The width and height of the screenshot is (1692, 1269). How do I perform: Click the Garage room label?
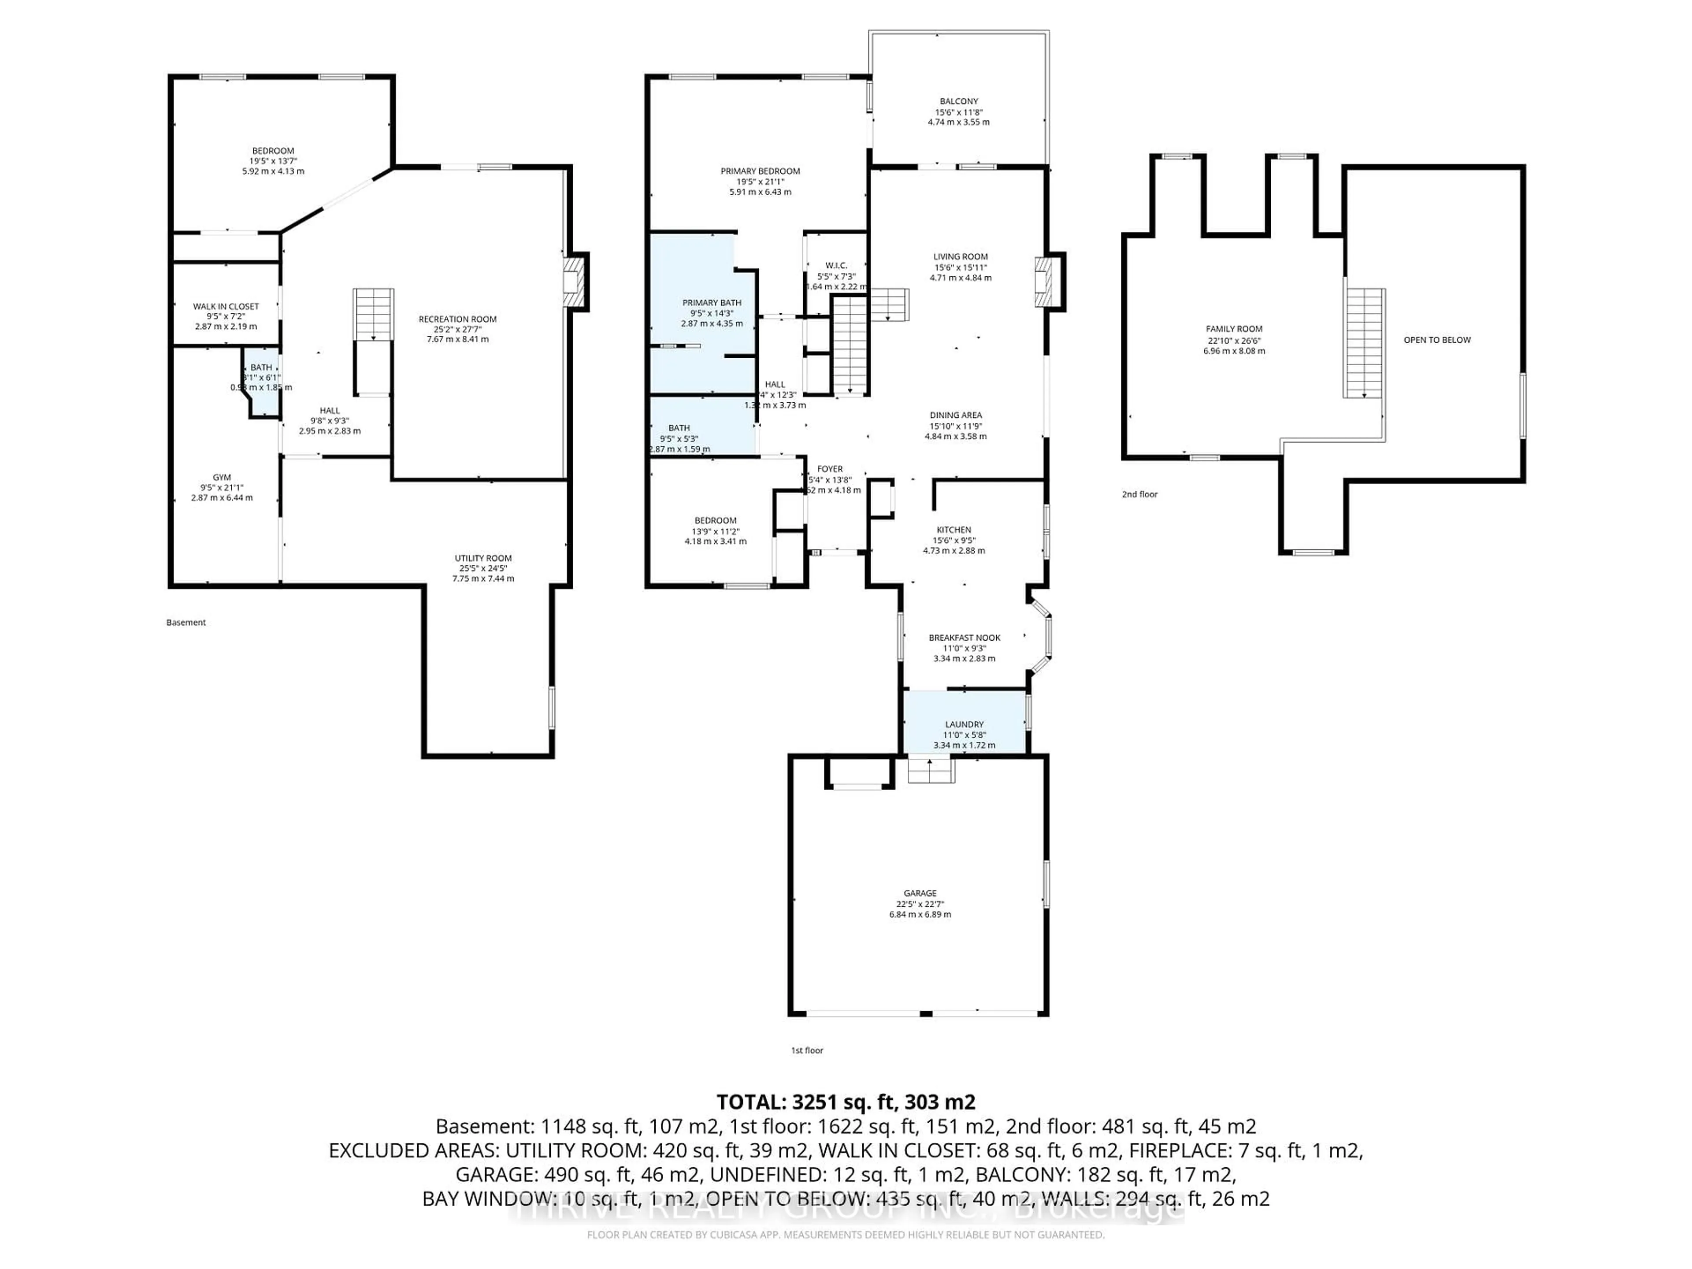920,893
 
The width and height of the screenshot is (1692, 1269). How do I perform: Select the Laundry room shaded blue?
964,723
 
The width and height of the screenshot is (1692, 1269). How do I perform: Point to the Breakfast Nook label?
964,637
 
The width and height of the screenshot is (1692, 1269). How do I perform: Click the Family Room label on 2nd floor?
1234,329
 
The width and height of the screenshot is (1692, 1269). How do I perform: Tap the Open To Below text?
1436,340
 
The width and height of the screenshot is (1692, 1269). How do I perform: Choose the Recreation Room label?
457,319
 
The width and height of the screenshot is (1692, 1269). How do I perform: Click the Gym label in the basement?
222,477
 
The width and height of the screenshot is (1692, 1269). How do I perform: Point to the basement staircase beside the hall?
373,314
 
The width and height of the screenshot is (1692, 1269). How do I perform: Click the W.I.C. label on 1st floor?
836,265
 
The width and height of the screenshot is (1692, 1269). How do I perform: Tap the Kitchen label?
954,529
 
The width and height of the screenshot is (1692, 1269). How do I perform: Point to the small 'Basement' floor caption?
186,623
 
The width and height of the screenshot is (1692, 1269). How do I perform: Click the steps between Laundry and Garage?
931,769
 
